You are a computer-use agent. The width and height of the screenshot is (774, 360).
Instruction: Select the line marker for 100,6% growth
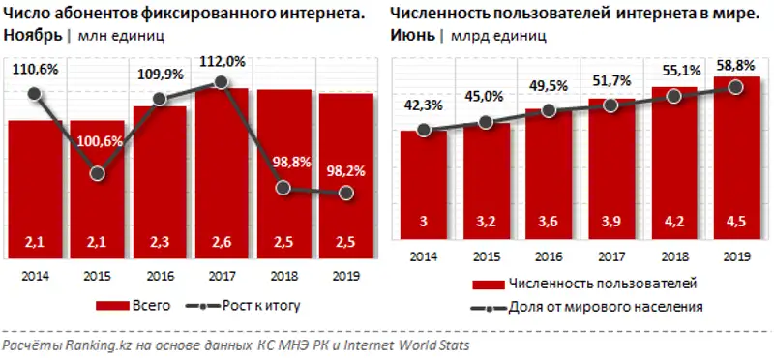(x=97, y=174)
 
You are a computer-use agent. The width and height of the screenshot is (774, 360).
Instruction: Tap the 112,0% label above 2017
(x=222, y=60)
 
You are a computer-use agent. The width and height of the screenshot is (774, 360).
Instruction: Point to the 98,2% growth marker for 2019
(x=345, y=193)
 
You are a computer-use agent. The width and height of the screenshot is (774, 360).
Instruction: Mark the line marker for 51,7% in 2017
(x=610, y=105)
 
